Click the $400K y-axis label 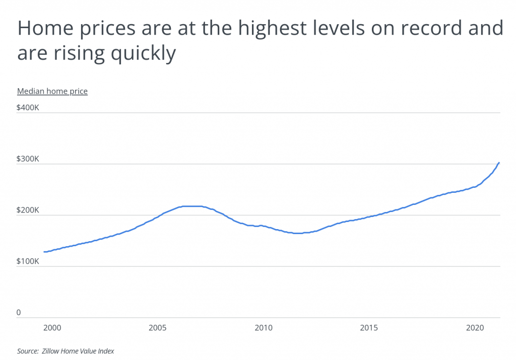[28, 107]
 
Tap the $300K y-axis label [28, 159]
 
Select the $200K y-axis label [28, 210]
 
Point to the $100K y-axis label [28, 261]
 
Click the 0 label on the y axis [19, 313]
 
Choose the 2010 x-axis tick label [263, 328]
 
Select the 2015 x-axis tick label [369, 328]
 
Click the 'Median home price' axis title [52, 91]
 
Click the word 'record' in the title [423, 29]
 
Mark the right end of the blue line [499, 163]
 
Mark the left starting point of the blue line [44, 252]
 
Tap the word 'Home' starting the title [41, 29]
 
